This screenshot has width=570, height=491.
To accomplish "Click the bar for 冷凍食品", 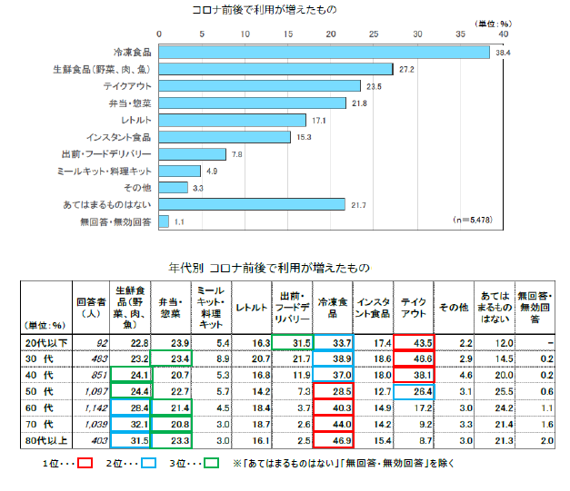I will coord(325,53).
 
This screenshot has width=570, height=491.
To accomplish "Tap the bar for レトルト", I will coord(233,120).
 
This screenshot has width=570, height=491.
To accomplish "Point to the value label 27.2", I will coord(406,69).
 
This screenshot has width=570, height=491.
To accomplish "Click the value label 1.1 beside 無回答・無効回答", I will coord(179,221).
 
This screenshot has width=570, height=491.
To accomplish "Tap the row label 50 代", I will coord(46,391).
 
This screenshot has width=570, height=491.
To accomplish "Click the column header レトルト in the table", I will coord(250,308).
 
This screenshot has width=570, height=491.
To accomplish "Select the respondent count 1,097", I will coord(95,391).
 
